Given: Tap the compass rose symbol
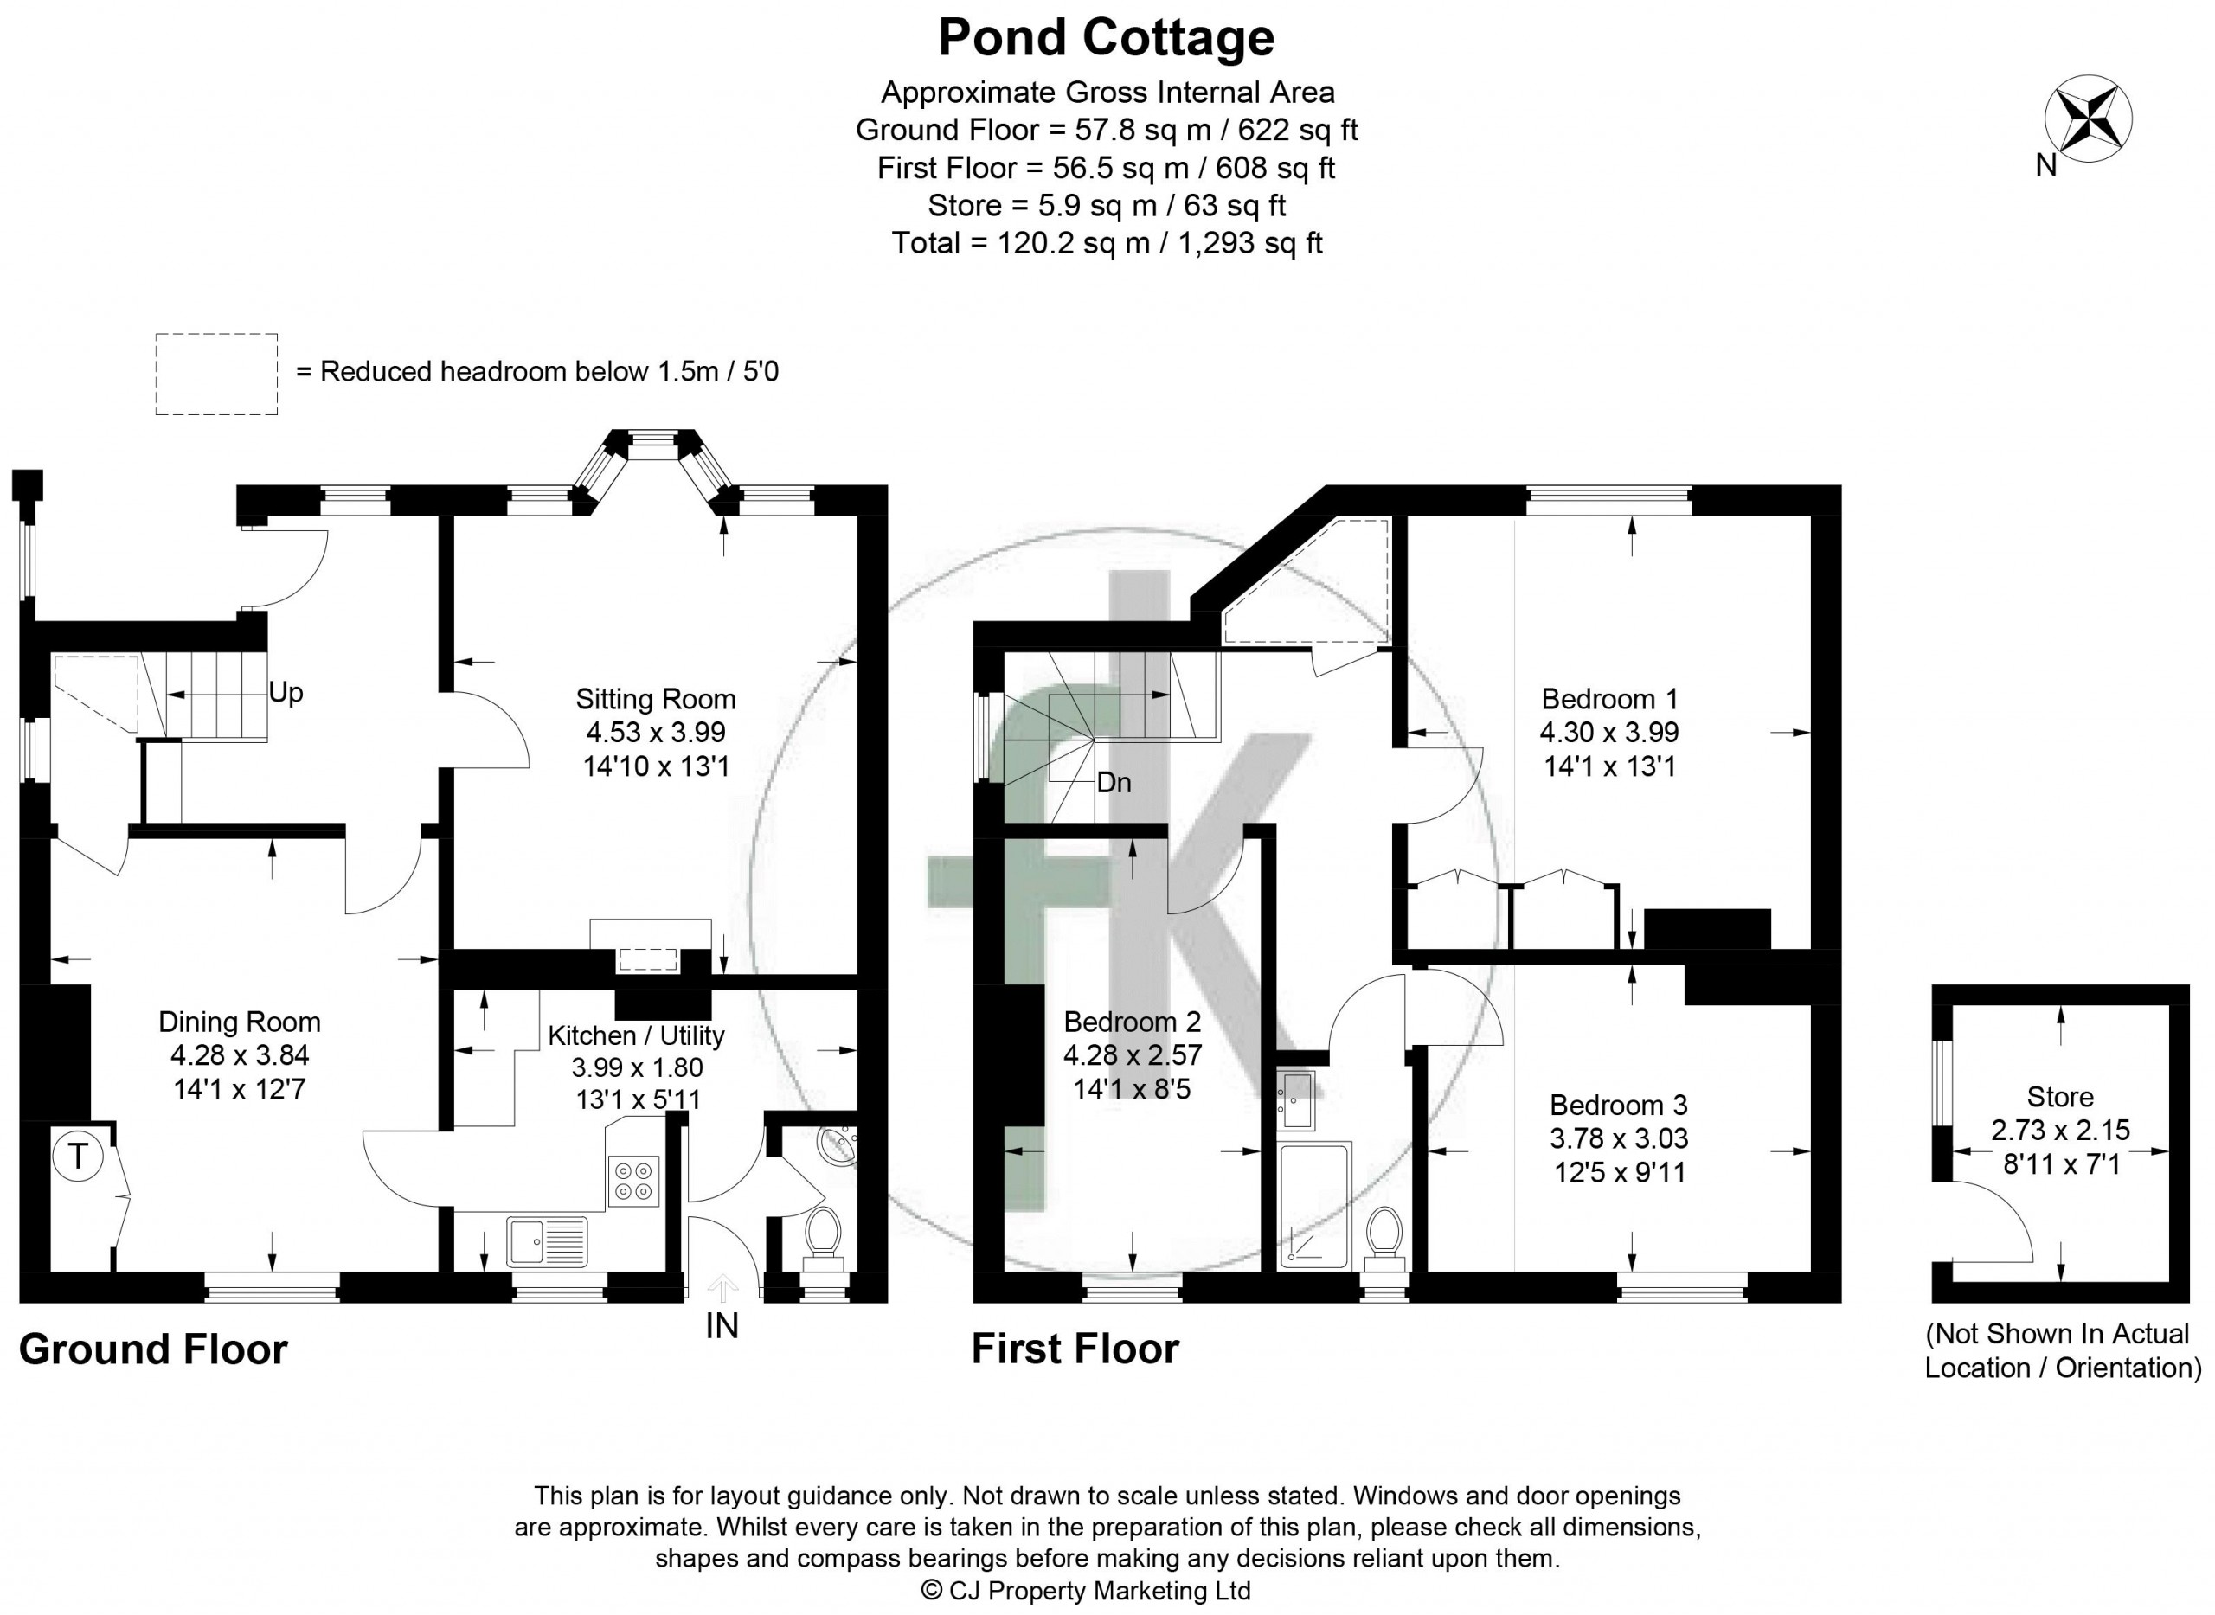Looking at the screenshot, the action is [x=2088, y=118].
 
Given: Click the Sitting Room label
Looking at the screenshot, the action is [x=655, y=699].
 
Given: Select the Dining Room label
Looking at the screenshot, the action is [x=240, y=1022].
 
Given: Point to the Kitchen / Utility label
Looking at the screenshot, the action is [x=636, y=1035].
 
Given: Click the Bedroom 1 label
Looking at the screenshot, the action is [x=1609, y=699].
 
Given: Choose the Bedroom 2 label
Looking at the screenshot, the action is [x=1133, y=1022].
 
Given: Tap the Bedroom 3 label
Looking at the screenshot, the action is [x=1619, y=1106].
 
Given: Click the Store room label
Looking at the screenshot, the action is [x=2060, y=1097].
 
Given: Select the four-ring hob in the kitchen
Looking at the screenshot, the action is [x=633, y=1180].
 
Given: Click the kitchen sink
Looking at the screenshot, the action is [x=547, y=1240].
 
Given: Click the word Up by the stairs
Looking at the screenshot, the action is [x=286, y=693].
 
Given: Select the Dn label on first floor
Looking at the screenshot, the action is [x=1114, y=782].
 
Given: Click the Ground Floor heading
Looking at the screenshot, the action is [x=153, y=1349].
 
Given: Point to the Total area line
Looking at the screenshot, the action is [x=1106, y=242].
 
